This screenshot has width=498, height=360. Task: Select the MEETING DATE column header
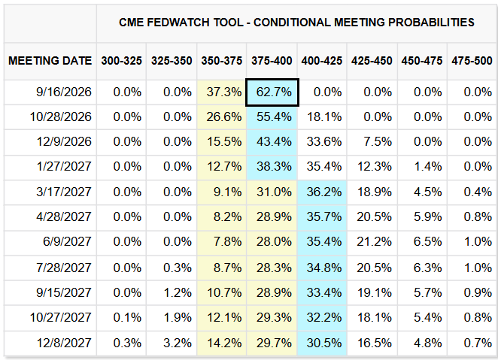(50, 61)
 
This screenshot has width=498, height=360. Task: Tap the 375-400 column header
(272, 61)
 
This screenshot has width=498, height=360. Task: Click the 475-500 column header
(472, 61)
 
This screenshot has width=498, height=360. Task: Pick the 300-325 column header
(122, 61)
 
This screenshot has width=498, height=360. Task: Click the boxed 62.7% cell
(272, 92)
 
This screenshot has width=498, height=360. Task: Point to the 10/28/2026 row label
(61, 116)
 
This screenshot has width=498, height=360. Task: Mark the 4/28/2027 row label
(64, 216)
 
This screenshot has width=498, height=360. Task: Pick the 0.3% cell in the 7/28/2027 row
(178, 268)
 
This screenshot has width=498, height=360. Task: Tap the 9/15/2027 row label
(64, 292)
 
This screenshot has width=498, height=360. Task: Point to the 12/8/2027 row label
(64, 343)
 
